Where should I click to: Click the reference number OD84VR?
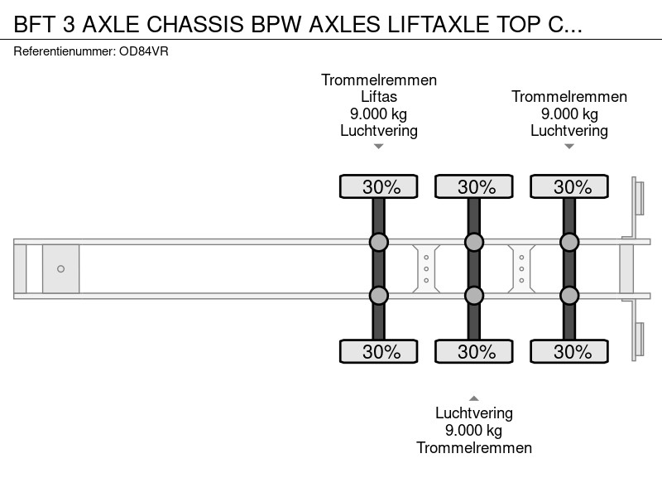(143, 51)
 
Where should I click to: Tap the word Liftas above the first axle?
(379, 97)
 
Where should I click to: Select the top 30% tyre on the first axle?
(379, 186)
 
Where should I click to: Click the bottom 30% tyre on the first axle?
(379, 351)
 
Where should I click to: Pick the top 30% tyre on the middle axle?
(474, 186)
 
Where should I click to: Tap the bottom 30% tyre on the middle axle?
(474, 351)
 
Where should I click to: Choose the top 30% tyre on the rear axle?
(569, 186)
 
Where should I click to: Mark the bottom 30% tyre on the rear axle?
(569, 351)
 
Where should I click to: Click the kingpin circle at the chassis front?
(60, 268)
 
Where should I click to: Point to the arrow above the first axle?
(379, 147)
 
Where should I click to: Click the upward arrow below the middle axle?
(474, 398)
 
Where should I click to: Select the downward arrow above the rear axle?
(569, 147)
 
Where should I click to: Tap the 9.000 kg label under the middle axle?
(473, 431)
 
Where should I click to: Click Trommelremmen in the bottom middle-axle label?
(474, 447)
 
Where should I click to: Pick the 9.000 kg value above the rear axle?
(569, 113)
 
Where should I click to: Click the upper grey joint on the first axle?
(379, 242)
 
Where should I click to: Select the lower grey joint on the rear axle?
(569, 296)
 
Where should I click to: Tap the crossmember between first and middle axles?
(426, 268)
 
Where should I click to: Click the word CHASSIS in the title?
(195, 24)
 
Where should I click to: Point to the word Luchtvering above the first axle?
(379, 131)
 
